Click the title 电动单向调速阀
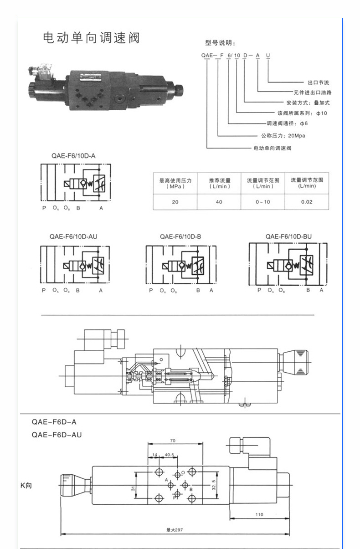click(x=91, y=38)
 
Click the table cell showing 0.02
click(x=307, y=202)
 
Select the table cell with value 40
click(x=219, y=202)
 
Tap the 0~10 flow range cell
click(x=263, y=202)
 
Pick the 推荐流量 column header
click(x=219, y=183)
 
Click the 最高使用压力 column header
click(x=175, y=183)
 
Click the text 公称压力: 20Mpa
click(x=283, y=136)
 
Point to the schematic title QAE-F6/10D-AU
click(x=73, y=236)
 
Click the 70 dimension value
click(x=173, y=441)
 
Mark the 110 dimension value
click(x=259, y=514)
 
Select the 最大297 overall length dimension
click(x=175, y=529)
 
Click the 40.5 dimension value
click(x=170, y=455)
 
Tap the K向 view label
click(x=26, y=486)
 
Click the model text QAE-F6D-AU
click(x=57, y=435)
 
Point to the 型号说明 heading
click(x=220, y=43)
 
